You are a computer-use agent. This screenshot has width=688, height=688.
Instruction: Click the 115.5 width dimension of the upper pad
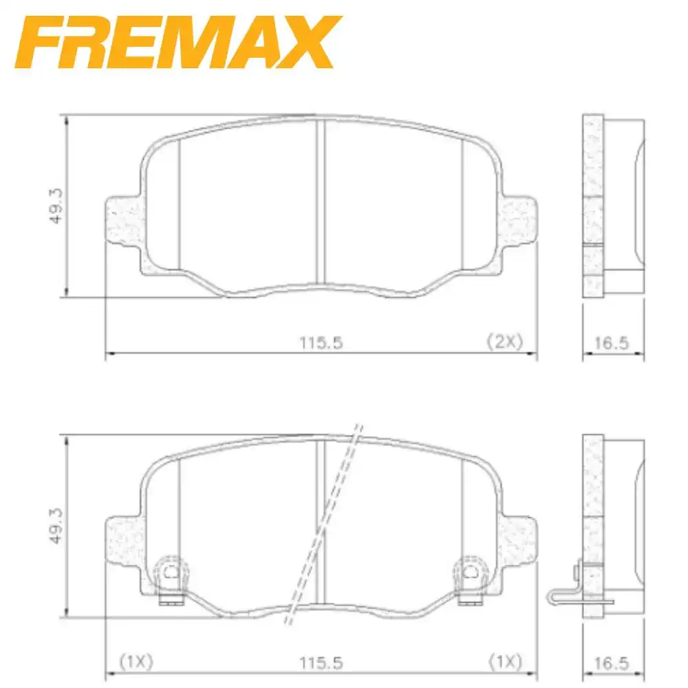[x=321, y=342]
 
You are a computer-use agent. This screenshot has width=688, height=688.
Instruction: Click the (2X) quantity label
[x=504, y=341]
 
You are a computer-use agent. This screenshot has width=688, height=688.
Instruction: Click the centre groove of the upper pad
[x=320, y=200]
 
